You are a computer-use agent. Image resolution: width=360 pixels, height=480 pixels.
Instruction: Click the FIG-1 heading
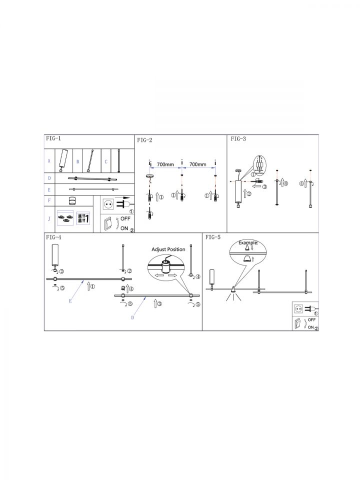click(x=53, y=138)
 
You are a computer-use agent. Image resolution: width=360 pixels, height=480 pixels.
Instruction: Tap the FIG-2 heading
click(x=144, y=140)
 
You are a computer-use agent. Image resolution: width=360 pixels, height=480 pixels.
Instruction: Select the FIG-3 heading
click(x=238, y=138)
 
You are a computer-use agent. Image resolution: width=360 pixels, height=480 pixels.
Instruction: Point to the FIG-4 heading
click(x=53, y=237)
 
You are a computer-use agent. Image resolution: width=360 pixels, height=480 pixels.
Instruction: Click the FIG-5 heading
click(x=213, y=237)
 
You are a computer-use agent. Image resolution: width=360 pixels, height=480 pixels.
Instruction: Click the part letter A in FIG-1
click(x=49, y=160)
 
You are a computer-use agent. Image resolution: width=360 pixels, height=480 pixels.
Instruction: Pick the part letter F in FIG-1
click(x=49, y=200)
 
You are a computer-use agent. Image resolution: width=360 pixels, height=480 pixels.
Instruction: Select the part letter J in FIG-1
click(x=49, y=219)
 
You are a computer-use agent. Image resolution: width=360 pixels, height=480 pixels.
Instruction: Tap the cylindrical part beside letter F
click(x=72, y=200)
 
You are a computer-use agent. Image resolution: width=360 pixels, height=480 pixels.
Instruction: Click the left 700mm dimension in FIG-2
click(x=165, y=164)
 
